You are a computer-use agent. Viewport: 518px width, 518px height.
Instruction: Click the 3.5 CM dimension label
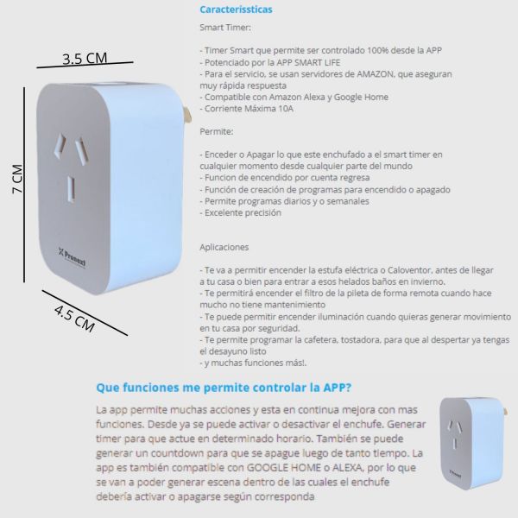click(x=85, y=59)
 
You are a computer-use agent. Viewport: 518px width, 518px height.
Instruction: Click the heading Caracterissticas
click(x=236, y=9)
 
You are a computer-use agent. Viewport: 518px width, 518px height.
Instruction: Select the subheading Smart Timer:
click(x=225, y=28)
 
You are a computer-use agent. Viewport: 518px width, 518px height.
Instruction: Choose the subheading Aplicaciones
click(x=224, y=246)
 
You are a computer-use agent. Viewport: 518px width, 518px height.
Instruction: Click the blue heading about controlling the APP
click(x=224, y=388)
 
